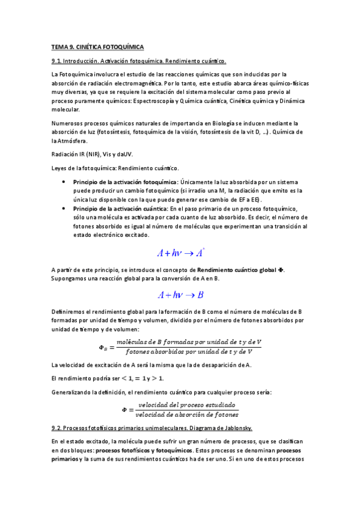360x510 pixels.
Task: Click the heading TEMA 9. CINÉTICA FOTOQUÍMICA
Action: tap(97, 46)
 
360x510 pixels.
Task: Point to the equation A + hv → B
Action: tap(180, 295)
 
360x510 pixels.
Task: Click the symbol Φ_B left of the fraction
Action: tap(102, 347)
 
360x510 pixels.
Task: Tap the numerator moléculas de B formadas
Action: tap(189, 342)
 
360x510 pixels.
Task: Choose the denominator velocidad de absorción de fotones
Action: tap(187, 414)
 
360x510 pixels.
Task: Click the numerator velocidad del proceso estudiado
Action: tap(187, 404)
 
